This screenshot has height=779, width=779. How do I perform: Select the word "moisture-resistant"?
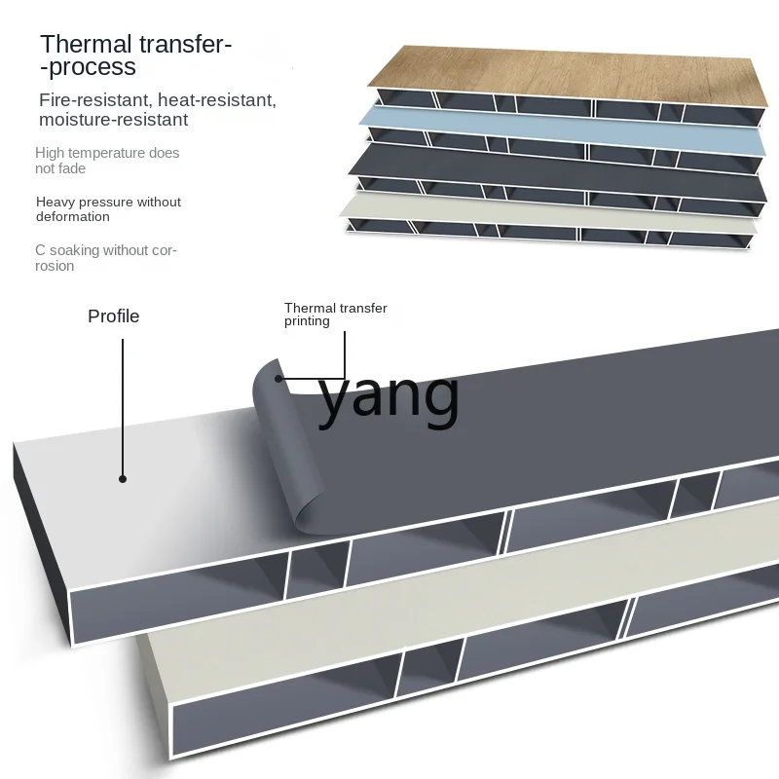tap(113, 120)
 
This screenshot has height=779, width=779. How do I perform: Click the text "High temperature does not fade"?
tap(107, 161)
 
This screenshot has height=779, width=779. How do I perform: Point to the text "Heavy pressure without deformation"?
tap(108, 209)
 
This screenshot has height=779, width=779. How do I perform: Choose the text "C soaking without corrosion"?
tap(105, 258)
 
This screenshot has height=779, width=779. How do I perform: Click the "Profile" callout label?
tap(114, 316)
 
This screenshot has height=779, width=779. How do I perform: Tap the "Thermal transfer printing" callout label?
tap(335, 315)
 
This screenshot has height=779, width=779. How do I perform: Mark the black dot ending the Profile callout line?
tap(123, 478)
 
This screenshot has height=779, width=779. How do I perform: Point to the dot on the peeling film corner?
tap(278, 378)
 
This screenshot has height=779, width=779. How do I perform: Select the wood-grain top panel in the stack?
tap(565, 73)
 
